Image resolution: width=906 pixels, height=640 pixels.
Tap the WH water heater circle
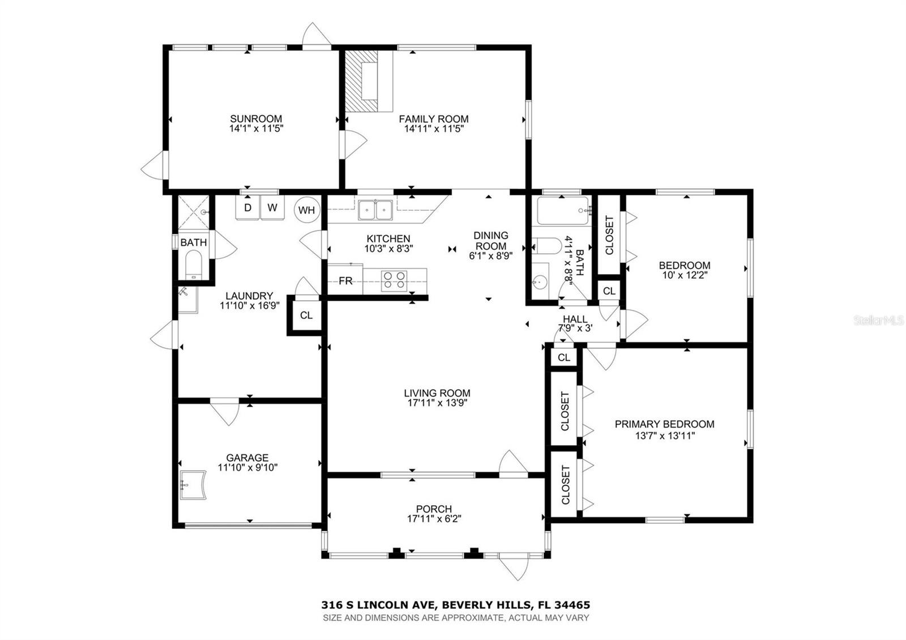[306, 210]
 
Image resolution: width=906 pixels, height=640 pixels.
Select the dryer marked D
[247, 208]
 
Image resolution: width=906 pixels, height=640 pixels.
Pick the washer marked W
[272, 208]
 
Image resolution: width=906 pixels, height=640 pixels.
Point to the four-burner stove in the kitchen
[394, 280]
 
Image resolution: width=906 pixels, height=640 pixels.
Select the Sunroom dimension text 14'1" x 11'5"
[256, 129]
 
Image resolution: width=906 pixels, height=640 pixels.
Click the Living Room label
[437, 393]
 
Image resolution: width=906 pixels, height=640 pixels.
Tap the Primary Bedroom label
[664, 424]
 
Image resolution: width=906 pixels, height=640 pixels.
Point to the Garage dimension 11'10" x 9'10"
[247, 468]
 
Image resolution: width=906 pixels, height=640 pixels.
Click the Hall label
[575, 319]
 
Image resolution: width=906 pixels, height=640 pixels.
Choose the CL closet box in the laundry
[306, 315]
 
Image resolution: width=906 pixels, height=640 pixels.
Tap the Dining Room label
[490, 241]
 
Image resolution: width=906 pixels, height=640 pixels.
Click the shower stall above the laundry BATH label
[194, 212]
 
